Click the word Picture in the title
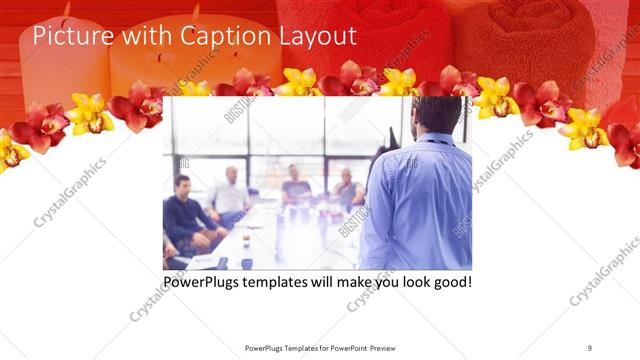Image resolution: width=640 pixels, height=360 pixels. pyautogui.click(x=68, y=36)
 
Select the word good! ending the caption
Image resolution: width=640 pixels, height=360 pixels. pyautogui.click(x=449, y=282)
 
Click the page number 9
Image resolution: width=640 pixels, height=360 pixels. pyautogui.click(x=590, y=347)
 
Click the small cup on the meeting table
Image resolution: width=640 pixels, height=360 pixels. pyautogui.click(x=246, y=263)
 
